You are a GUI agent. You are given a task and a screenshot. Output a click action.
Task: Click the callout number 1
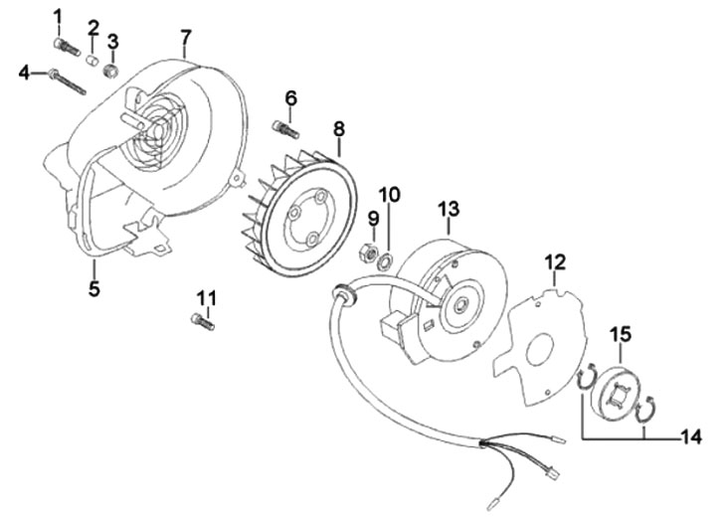[57, 17]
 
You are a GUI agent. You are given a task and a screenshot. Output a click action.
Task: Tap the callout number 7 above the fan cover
[185, 39]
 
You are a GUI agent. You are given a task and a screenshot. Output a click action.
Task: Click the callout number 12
[554, 262]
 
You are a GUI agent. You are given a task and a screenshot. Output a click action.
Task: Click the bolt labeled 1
[66, 46]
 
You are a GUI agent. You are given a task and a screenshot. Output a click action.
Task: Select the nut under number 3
[112, 70]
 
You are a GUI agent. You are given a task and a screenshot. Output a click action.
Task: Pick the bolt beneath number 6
[285, 127]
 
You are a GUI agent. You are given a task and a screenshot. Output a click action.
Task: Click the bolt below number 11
[202, 321]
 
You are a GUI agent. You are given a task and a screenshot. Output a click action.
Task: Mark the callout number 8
[338, 129]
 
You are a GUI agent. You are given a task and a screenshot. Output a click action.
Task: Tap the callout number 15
[621, 332]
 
